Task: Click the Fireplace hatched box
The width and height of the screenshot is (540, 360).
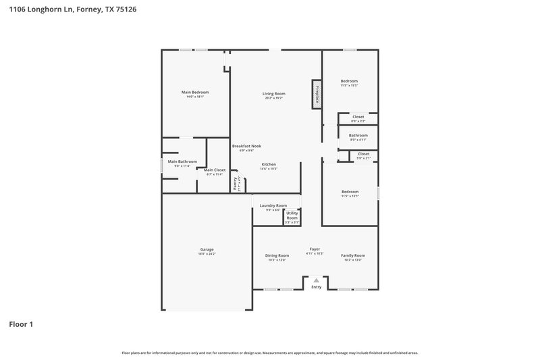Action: click(315, 95)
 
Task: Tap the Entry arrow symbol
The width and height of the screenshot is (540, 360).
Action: click(316, 279)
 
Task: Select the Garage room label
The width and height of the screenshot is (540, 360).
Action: click(207, 249)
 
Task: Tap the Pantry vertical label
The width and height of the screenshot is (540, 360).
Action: click(236, 183)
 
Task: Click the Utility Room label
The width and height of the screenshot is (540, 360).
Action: click(292, 215)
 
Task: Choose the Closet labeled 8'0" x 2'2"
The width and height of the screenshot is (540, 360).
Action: click(358, 117)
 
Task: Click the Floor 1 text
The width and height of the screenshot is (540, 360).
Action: click(20, 324)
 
